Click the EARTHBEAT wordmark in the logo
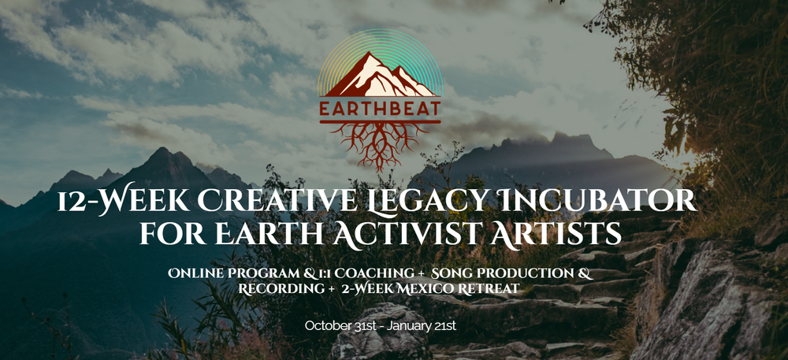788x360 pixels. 380,109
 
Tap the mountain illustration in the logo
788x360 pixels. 381,76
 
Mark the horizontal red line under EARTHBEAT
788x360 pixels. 380,121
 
